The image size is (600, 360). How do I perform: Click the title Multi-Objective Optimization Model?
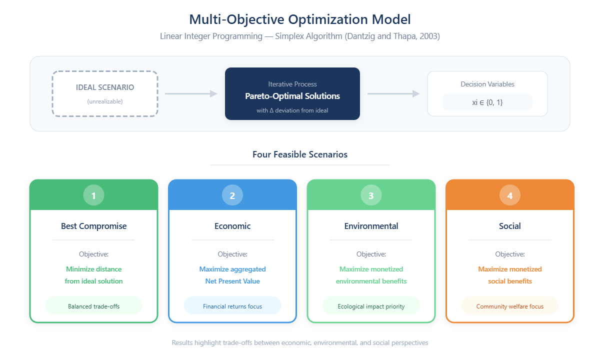pos(300,20)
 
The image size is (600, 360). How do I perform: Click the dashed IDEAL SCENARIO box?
pos(105,93)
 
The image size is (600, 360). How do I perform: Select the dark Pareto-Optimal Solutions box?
pos(292,93)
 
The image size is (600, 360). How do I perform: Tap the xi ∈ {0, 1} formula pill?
pos(487,102)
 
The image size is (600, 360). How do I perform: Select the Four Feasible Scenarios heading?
pos(300,154)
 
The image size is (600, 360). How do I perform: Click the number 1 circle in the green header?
pos(93,195)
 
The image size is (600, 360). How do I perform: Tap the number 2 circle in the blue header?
pos(232,195)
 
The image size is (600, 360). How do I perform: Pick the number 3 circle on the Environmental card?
pos(371,195)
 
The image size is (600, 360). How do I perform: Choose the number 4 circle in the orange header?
pos(510,195)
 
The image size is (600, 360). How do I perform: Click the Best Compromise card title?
pos(93,226)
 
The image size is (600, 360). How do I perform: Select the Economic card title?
pos(232,226)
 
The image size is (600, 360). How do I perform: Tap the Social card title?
pos(510,226)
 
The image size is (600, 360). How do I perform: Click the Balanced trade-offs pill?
pos(93,306)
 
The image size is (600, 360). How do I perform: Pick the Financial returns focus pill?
pos(232,306)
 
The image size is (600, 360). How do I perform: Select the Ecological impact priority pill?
pos(371,306)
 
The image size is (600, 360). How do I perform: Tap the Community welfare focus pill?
pos(510,306)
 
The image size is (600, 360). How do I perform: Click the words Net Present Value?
pos(232,281)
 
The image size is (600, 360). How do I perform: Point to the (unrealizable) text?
pos(105,101)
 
